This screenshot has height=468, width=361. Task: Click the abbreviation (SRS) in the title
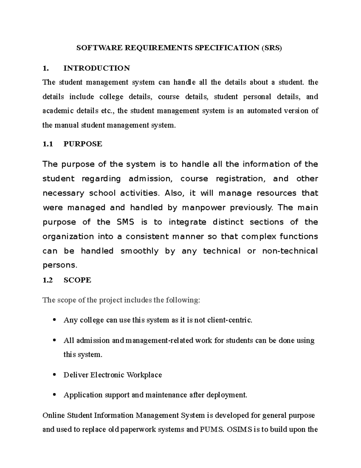[272, 48]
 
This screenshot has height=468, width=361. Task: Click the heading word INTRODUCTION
[97, 68]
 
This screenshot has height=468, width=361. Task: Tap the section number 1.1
[48, 144]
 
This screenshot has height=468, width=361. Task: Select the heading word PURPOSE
[83, 144]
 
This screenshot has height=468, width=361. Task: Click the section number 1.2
[48, 280]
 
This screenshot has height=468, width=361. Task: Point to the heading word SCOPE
[77, 280]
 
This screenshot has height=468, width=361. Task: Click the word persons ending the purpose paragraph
[60, 265]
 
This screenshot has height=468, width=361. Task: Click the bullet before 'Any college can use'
[54, 320]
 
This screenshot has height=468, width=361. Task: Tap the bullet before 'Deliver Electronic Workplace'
[54, 375]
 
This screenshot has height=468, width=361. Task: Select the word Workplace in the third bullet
[144, 375]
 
